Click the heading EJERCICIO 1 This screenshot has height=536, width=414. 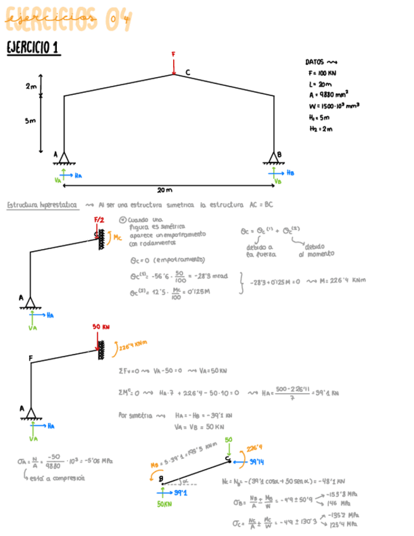click(33, 48)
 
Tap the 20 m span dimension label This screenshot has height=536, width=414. click(166, 189)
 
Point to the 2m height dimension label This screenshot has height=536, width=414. click(31, 86)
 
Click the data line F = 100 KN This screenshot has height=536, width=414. click(322, 73)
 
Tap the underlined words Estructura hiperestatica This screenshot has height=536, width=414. click(42, 205)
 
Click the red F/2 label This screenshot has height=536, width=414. click(99, 220)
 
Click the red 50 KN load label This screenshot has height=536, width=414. click(102, 327)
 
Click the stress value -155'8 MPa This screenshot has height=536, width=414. click(343, 494)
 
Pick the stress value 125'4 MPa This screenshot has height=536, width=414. click(344, 525)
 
